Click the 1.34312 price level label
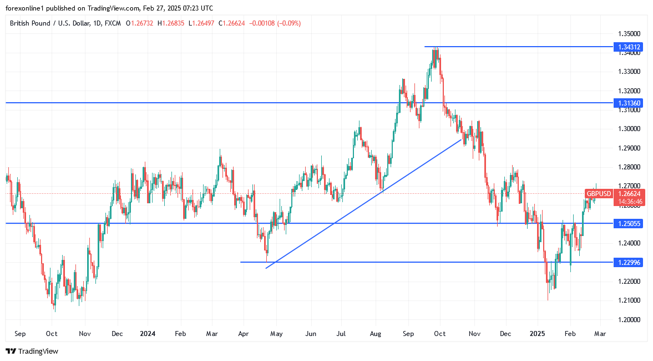(629, 47)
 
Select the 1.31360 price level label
(629, 103)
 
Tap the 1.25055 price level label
(629, 223)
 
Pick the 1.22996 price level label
(629, 262)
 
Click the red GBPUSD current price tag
(599, 193)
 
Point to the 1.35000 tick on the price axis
(629, 34)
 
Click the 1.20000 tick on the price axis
(629, 319)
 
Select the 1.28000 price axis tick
(629, 167)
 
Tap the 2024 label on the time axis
(148, 334)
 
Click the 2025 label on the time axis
(537, 334)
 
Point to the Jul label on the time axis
(342, 334)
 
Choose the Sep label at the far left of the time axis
(20, 334)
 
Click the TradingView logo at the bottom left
(32, 351)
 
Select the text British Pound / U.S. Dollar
(46, 23)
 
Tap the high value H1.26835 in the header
(171, 23)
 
